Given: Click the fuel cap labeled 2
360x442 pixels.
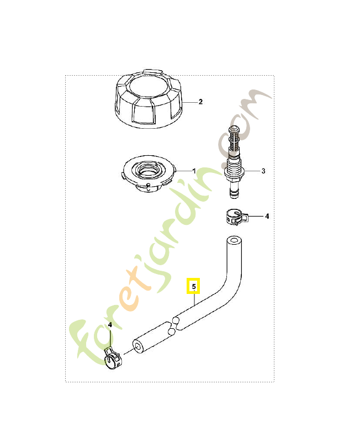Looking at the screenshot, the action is pyautogui.click(x=148, y=99).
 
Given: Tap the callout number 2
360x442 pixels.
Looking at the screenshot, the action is pyautogui.click(x=200, y=102).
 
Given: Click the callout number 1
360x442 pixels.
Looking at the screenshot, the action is pyautogui.click(x=194, y=171).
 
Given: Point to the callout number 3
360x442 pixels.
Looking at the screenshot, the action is pyautogui.click(x=263, y=171).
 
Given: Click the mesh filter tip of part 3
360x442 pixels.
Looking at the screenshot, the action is pyautogui.click(x=234, y=140).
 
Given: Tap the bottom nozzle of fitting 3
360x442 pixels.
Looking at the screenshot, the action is pyautogui.click(x=233, y=189).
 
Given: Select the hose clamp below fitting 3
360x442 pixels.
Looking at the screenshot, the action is pyautogui.click(x=237, y=217).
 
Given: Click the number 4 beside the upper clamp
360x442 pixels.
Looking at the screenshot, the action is pyautogui.click(x=267, y=216).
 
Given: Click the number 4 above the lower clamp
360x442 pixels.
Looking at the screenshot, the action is pyautogui.click(x=110, y=325).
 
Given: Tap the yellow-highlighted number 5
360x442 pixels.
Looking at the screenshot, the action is pyautogui.click(x=193, y=286).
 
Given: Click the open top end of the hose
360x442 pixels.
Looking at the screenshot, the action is pyautogui.click(x=234, y=241).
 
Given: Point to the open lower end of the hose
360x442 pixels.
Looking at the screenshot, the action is pyautogui.click(x=137, y=347).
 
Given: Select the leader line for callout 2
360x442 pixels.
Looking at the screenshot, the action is pyautogui.click(x=190, y=102).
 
